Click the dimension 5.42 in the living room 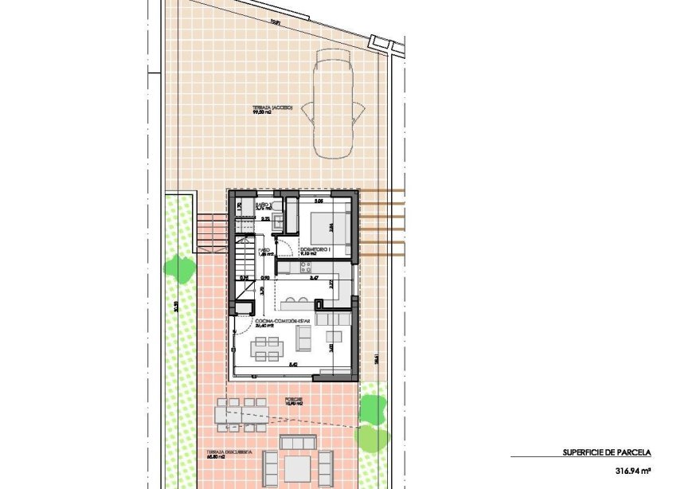pyautogui.click(x=293, y=365)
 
